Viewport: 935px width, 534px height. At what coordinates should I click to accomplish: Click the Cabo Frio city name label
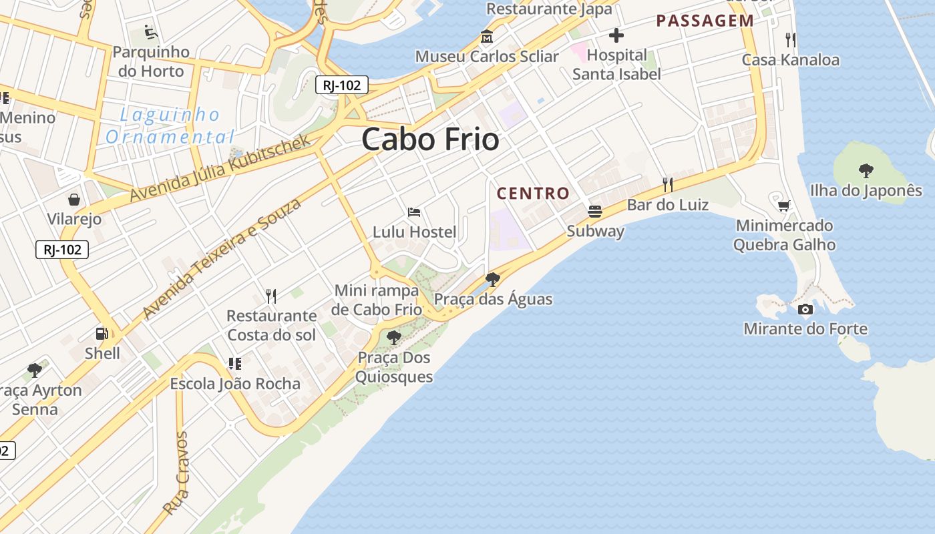pos(431,140)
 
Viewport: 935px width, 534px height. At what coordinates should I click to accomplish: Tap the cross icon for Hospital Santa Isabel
pos(616,35)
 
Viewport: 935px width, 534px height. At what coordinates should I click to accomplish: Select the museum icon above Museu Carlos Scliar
pos(486,37)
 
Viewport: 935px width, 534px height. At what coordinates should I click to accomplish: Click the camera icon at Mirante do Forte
pos(805,309)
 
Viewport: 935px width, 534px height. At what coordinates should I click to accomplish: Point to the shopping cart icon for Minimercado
pos(784,206)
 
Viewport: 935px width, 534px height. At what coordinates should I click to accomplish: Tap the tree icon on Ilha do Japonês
pos(866,171)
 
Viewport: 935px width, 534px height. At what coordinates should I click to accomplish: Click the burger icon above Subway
pos(594,212)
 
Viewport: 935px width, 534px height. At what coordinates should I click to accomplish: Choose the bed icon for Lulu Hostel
pos(414,213)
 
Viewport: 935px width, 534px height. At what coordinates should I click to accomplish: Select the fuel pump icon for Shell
pos(102,334)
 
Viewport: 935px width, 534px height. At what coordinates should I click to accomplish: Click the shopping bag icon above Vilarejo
pos(74,200)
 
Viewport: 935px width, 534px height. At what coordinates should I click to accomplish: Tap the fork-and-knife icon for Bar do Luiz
pos(667,184)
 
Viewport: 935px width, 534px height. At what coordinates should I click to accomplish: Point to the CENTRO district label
pos(533,194)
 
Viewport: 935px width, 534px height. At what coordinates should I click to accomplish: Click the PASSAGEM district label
pos(705,21)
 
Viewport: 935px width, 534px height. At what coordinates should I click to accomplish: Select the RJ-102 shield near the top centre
pos(341,85)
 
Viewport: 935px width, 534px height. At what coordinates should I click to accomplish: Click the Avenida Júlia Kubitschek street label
pos(220,168)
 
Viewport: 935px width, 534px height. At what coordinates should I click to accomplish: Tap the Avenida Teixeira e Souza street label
pos(222,258)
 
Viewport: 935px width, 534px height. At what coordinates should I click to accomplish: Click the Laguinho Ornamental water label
pos(170,125)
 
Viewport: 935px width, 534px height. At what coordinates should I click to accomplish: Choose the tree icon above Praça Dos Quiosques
pos(394,338)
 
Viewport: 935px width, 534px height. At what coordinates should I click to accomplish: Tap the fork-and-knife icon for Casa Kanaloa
pos(791,39)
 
